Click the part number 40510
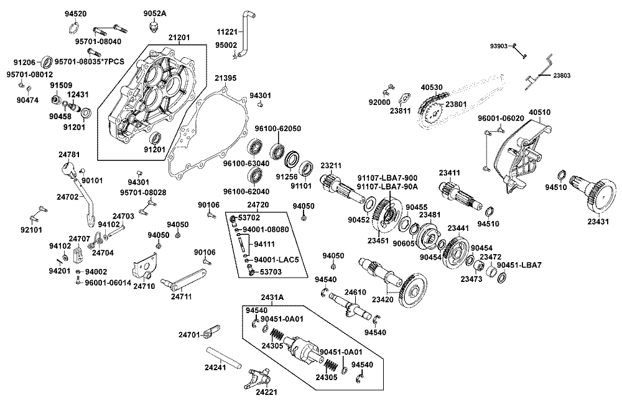click(539, 112)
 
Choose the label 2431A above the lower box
click(272, 298)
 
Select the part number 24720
click(258, 204)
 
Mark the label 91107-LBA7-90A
click(387, 186)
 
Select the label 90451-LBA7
click(522, 265)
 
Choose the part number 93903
click(499, 45)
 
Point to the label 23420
click(384, 299)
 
